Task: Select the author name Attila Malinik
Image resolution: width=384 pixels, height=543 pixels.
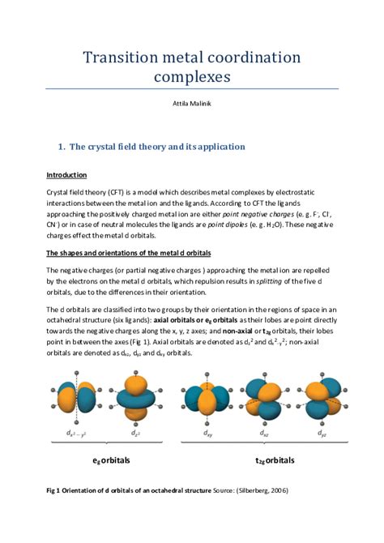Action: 191,105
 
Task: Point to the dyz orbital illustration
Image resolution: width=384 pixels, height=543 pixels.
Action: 315,396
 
